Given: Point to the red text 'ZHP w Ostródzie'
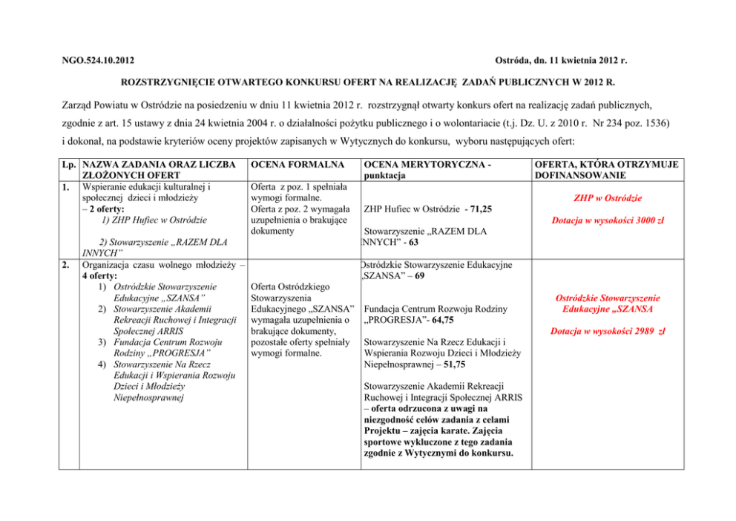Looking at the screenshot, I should [x=607, y=198].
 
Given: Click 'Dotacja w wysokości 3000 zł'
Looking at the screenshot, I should [x=607, y=220].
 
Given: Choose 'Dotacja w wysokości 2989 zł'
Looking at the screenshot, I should [x=607, y=330].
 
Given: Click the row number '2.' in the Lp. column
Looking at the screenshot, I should [x=68, y=264].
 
